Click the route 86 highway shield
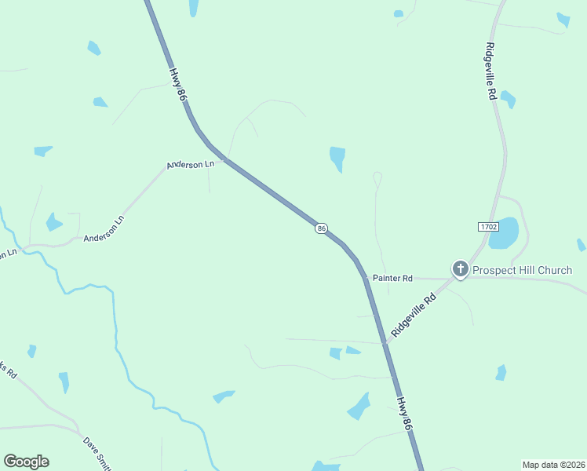[322, 228]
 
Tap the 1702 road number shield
[487, 227]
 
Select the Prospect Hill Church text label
[522, 271]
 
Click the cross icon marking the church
[460, 270]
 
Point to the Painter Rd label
[392, 279]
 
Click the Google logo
[26, 462]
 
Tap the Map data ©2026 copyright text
[553, 465]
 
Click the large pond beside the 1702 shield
[505, 232]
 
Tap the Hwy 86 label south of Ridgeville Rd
[404, 414]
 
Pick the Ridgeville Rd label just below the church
[414, 316]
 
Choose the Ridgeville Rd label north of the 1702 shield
[491, 71]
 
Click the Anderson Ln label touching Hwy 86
[190, 165]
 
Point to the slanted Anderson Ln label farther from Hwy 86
[104, 228]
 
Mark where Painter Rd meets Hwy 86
[366, 278]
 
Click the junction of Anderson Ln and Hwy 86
[224, 160]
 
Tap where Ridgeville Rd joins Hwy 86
[385, 341]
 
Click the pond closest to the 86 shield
[338, 157]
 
